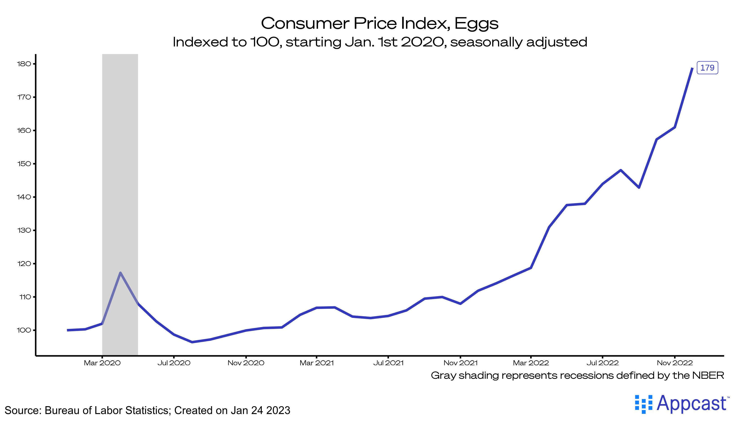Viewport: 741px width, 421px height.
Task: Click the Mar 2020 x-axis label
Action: (x=102, y=363)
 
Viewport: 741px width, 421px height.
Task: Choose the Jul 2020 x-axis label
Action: (x=174, y=363)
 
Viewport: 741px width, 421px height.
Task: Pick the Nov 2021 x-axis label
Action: (x=460, y=363)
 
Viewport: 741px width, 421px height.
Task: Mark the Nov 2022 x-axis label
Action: (x=675, y=363)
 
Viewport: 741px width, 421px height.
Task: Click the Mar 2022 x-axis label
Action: (x=531, y=363)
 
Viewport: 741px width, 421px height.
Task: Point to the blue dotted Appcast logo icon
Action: (x=644, y=404)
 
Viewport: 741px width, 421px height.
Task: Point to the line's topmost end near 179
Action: (x=692, y=68)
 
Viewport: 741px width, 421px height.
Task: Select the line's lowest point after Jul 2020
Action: (x=192, y=342)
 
